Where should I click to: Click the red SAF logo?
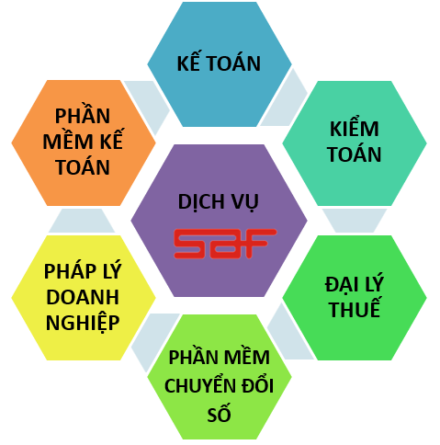tap(225, 244)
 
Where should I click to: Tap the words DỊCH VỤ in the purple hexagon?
tap(219, 202)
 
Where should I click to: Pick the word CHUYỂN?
tap(200, 384)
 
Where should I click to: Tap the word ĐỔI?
tap(258, 384)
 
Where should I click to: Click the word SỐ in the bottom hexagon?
tap(219, 414)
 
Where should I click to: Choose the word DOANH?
tap(83, 297)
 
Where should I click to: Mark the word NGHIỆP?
tap(83, 324)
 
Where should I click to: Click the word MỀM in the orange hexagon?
tap(68, 141)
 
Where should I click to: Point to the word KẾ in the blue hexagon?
tap(188, 63)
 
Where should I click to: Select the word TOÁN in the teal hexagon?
tap(355, 154)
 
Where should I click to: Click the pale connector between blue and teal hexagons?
tap(284, 98)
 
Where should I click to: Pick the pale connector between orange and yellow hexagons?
tap(82, 221)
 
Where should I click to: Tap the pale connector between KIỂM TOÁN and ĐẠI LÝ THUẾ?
tap(355, 221)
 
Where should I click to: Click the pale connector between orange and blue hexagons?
tap(148, 107)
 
